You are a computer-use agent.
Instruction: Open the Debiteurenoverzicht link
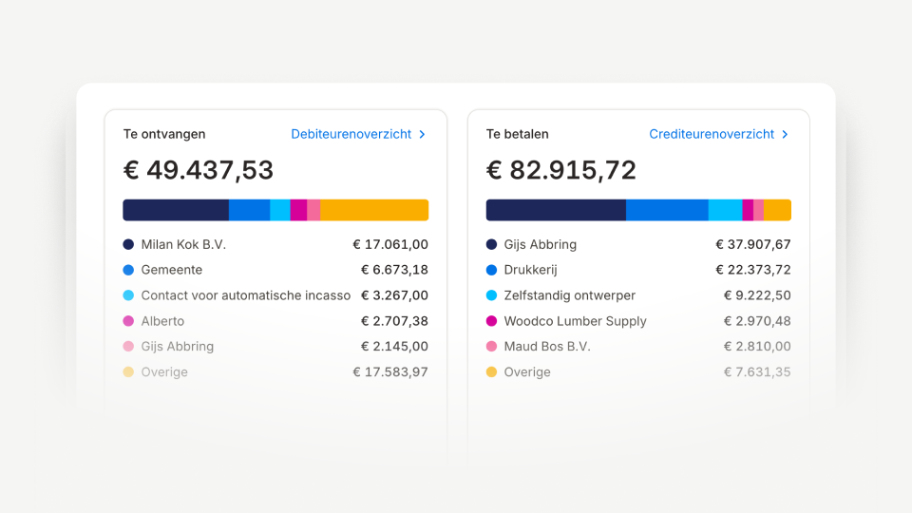click(358, 134)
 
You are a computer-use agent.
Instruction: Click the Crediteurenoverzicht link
click(719, 134)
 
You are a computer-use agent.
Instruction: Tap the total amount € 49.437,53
click(199, 170)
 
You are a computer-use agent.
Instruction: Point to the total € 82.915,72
click(561, 170)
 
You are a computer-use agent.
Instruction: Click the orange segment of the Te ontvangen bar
click(374, 210)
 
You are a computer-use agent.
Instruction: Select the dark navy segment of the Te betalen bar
click(556, 210)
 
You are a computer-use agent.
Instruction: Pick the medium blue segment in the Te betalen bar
click(667, 210)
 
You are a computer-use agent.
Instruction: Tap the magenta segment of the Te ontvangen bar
click(298, 210)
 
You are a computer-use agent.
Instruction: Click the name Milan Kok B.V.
click(183, 244)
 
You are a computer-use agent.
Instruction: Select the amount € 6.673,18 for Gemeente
click(394, 270)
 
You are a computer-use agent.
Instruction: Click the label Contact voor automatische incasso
click(246, 295)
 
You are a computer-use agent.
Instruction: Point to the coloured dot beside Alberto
click(128, 321)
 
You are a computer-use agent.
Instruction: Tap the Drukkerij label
click(530, 270)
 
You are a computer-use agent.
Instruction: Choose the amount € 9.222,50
click(757, 295)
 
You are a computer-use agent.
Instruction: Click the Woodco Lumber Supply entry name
click(576, 321)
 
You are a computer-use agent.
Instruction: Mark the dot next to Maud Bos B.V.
click(491, 347)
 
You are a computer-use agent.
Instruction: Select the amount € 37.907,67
click(753, 244)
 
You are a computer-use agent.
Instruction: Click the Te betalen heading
click(518, 134)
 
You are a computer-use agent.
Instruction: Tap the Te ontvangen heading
click(164, 134)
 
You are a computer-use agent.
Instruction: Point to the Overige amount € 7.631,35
click(757, 372)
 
